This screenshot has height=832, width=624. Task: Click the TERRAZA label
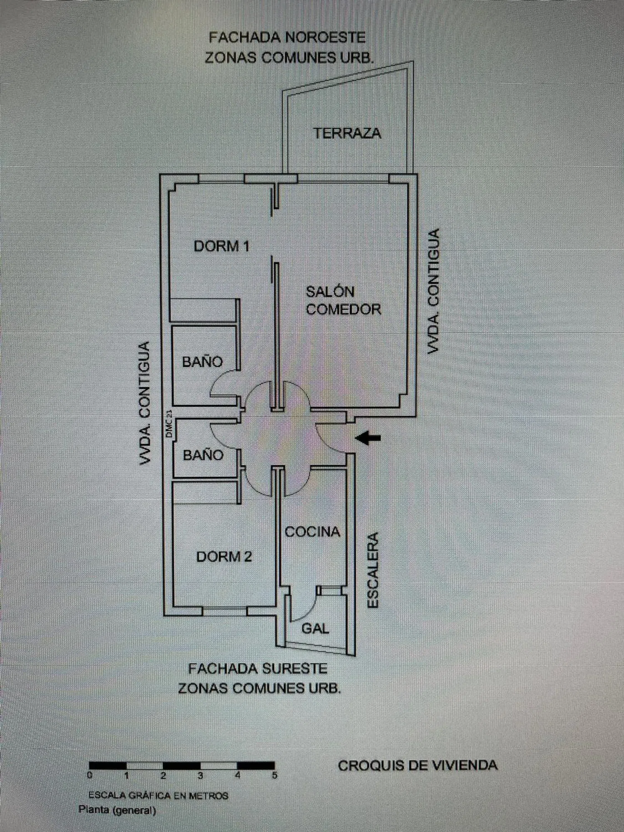(347, 133)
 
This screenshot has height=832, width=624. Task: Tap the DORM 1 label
(221, 246)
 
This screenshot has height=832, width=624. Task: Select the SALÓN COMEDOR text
(343, 300)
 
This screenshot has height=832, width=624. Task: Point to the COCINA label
(312, 532)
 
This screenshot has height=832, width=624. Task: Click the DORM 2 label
(224, 557)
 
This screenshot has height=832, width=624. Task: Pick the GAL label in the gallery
(315, 628)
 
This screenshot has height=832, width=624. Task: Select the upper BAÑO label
(202, 362)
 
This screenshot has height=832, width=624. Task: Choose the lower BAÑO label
(203, 455)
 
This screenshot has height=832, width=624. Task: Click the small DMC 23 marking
(169, 423)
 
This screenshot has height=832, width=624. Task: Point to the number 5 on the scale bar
(275, 775)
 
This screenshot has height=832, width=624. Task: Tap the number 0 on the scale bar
(90, 775)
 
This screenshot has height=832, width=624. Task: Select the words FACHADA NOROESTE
(287, 37)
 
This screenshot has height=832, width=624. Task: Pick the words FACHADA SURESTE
(258, 669)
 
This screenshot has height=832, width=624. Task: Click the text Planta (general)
(117, 810)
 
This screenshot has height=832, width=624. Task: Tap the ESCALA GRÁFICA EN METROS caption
(158, 795)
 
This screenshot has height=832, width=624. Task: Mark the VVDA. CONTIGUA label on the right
(433, 291)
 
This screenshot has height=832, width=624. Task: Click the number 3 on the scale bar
(201, 775)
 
